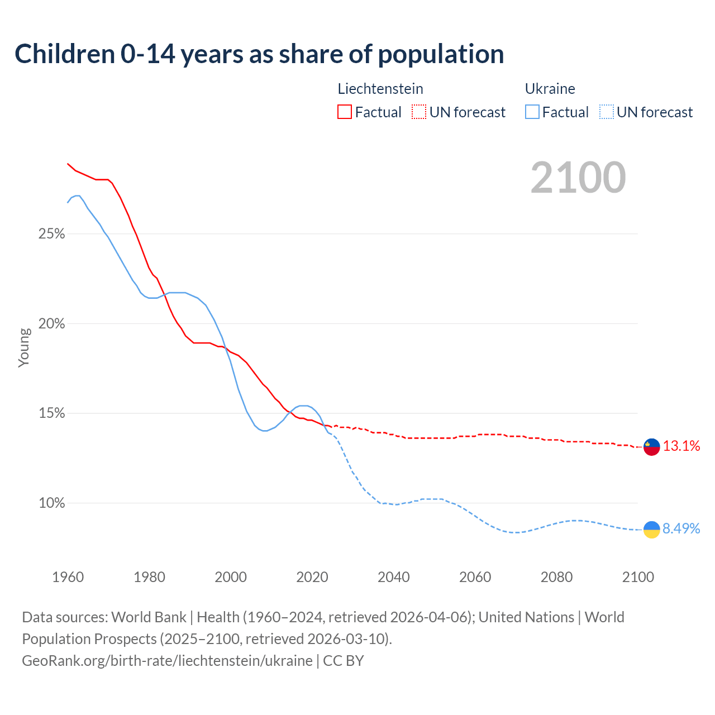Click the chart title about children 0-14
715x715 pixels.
(x=259, y=54)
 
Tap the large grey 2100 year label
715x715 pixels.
(x=578, y=178)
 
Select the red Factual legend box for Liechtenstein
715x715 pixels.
(x=345, y=112)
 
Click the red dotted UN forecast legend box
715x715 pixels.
(x=419, y=112)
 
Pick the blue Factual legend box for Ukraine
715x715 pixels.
(x=532, y=112)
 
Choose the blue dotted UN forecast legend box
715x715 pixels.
(x=607, y=112)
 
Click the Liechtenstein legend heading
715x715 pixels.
(x=380, y=89)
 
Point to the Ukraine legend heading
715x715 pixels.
(x=550, y=89)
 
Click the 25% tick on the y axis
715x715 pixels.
(x=51, y=233)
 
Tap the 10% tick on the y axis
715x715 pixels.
(x=51, y=503)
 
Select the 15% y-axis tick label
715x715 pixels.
(x=51, y=413)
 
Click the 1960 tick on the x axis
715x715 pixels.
(x=68, y=577)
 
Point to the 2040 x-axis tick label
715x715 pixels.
(x=394, y=577)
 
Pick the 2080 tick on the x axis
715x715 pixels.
(x=556, y=577)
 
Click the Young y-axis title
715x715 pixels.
(x=24, y=347)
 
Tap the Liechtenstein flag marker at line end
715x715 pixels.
(x=652, y=447)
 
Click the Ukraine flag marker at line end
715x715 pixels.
(x=652, y=529)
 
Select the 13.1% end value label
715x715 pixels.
(x=681, y=446)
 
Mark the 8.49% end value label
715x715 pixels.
(x=681, y=528)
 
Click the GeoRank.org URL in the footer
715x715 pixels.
(x=167, y=661)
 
